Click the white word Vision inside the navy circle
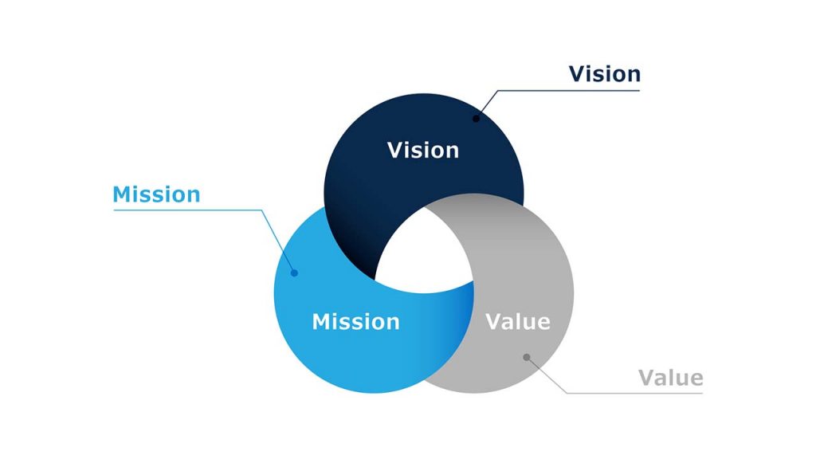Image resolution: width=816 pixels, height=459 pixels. [x=422, y=150]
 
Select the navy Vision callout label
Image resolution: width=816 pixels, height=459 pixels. [x=604, y=74]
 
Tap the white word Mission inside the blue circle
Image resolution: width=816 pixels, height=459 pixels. [x=355, y=322]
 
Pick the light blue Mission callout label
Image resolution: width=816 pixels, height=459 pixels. [x=156, y=194]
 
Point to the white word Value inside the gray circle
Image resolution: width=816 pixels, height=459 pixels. [x=518, y=322]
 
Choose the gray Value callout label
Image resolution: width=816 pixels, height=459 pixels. [x=671, y=378]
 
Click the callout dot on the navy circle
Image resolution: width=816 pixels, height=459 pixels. [x=476, y=119]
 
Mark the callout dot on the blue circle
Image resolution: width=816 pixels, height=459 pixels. [x=294, y=273]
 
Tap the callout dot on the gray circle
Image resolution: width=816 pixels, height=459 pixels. [x=526, y=357]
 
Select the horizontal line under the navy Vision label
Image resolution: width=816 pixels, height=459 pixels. [x=574, y=90]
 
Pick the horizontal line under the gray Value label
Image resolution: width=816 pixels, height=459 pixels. [x=637, y=393]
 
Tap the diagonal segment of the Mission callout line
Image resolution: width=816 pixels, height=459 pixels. [x=279, y=241]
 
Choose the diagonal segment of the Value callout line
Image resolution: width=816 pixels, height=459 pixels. [x=547, y=375]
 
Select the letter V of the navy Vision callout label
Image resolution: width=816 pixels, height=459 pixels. [x=577, y=74]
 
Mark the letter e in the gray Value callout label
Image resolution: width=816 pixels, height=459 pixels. [x=695, y=379]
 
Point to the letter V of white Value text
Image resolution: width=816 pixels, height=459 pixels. [x=493, y=322]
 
